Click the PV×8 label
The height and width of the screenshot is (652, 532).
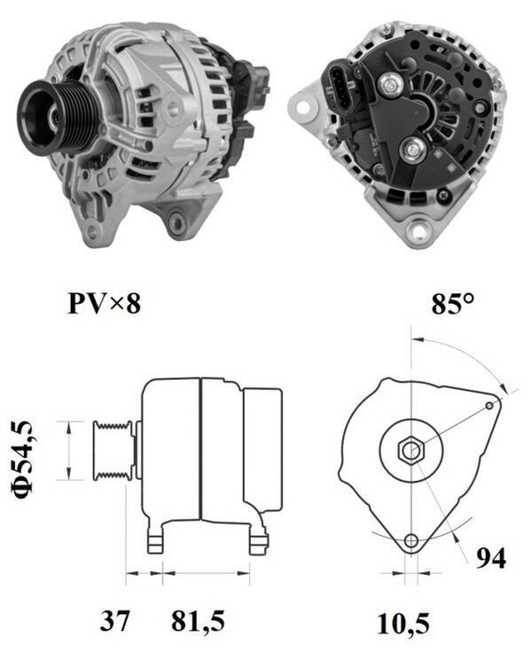pyautogui.click(x=104, y=304)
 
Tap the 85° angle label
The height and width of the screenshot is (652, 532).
pyautogui.click(x=452, y=304)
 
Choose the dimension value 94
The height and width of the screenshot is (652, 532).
pyautogui.click(x=490, y=558)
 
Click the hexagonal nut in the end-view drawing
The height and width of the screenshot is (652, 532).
pyautogui.click(x=411, y=450)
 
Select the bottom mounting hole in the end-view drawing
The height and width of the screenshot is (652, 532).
pyautogui.click(x=411, y=541)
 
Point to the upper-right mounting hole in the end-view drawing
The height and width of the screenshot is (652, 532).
pyautogui.click(x=489, y=405)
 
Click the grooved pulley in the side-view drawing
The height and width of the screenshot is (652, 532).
pyautogui.click(x=113, y=451)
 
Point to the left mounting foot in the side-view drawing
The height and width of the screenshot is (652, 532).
pyautogui.click(x=155, y=539)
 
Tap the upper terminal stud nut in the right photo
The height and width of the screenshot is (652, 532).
pyautogui.click(x=389, y=84)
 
